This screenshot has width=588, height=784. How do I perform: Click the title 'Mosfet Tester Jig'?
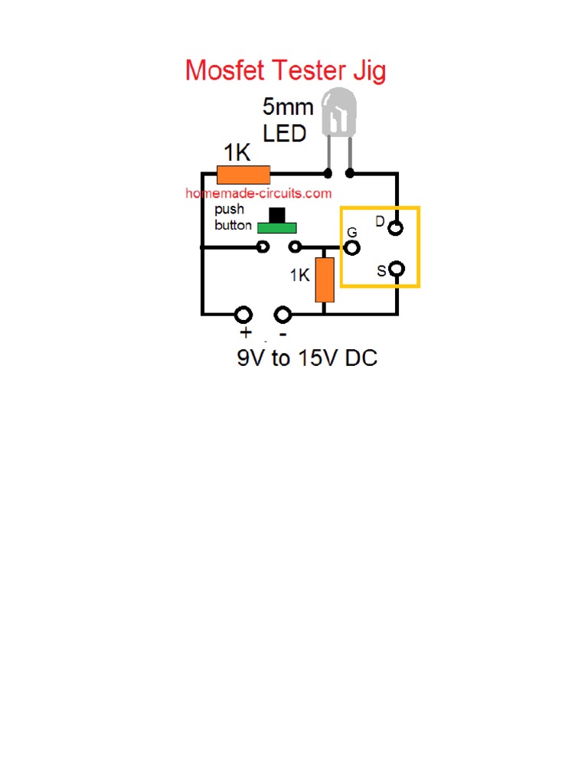286,71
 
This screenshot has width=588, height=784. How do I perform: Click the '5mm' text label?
288,108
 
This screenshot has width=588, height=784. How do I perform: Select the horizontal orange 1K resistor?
243,175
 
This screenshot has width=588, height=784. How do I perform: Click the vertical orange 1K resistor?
325,279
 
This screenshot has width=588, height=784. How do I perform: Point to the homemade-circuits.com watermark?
259,194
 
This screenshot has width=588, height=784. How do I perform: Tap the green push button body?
277,227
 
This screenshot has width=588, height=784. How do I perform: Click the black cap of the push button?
277,214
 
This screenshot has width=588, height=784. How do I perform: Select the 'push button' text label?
232,217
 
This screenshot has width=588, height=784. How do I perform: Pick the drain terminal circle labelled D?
395,227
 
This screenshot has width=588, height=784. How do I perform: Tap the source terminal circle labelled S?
396,269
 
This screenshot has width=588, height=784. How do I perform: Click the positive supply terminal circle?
243,314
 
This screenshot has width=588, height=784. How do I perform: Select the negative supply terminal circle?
283,314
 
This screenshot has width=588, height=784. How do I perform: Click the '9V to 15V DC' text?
306,358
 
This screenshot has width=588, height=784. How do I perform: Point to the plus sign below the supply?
246,334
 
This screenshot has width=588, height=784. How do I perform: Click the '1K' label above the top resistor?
237,153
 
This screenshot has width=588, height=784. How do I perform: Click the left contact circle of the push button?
263,247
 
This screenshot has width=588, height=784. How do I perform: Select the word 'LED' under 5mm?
284,133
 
